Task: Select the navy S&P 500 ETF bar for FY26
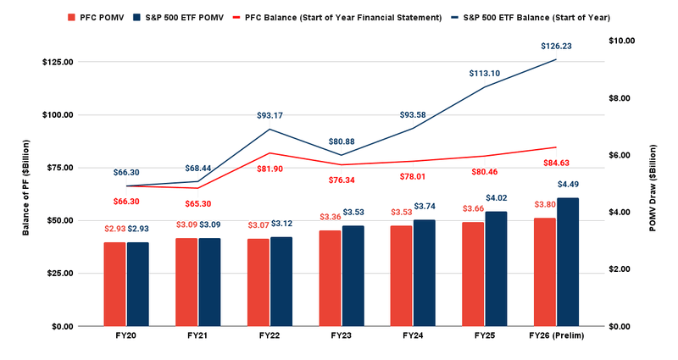(568, 262)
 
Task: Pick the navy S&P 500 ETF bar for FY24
(424, 273)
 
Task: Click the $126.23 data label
(556, 47)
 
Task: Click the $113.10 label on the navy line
(486, 74)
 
